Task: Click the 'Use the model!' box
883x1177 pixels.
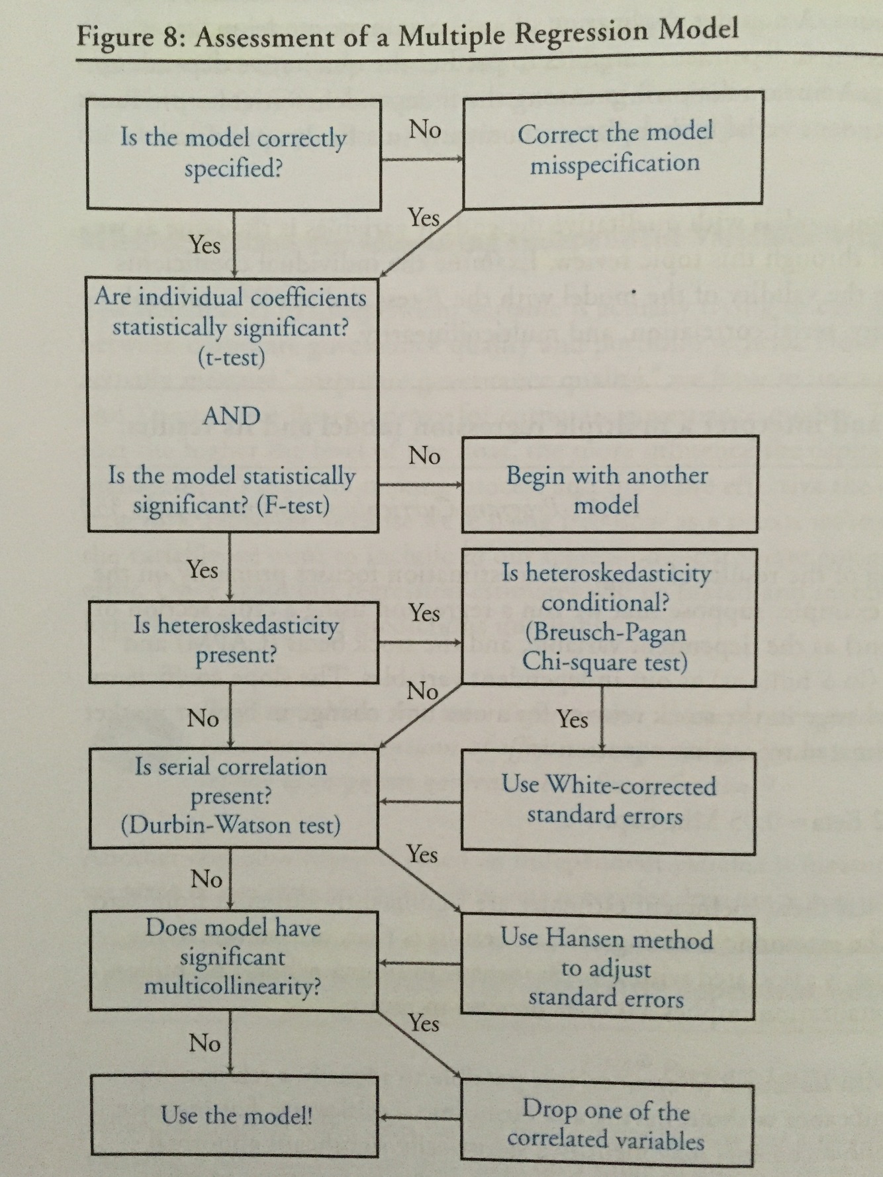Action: coord(235,1116)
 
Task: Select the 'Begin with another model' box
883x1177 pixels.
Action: coord(608,490)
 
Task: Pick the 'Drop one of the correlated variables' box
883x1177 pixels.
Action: coord(606,1125)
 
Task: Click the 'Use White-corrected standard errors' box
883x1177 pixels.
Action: coord(608,800)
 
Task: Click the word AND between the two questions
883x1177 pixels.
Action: coord(231,416)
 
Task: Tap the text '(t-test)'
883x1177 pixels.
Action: coord(231,357)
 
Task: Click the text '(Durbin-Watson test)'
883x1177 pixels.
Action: coord(231,825)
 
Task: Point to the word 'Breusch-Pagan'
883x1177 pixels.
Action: coord(605,632)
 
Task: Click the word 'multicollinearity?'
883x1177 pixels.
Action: coord(232,986)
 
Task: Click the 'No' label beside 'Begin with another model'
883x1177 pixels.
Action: coord(424,455)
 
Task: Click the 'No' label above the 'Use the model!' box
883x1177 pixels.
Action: coord(205,1043)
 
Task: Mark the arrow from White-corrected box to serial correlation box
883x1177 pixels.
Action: coord(420,802)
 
